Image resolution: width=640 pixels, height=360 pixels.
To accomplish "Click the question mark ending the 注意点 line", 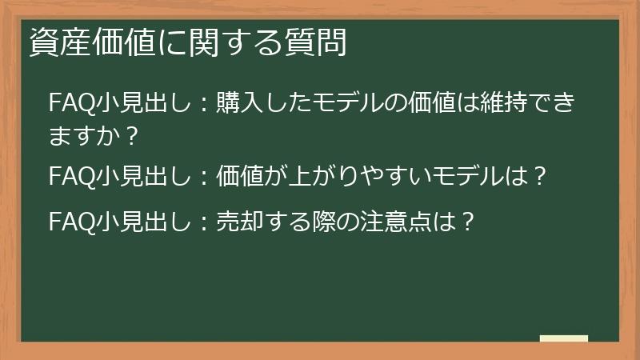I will (468, 220).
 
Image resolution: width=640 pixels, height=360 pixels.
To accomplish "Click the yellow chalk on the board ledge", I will (564, 339).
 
